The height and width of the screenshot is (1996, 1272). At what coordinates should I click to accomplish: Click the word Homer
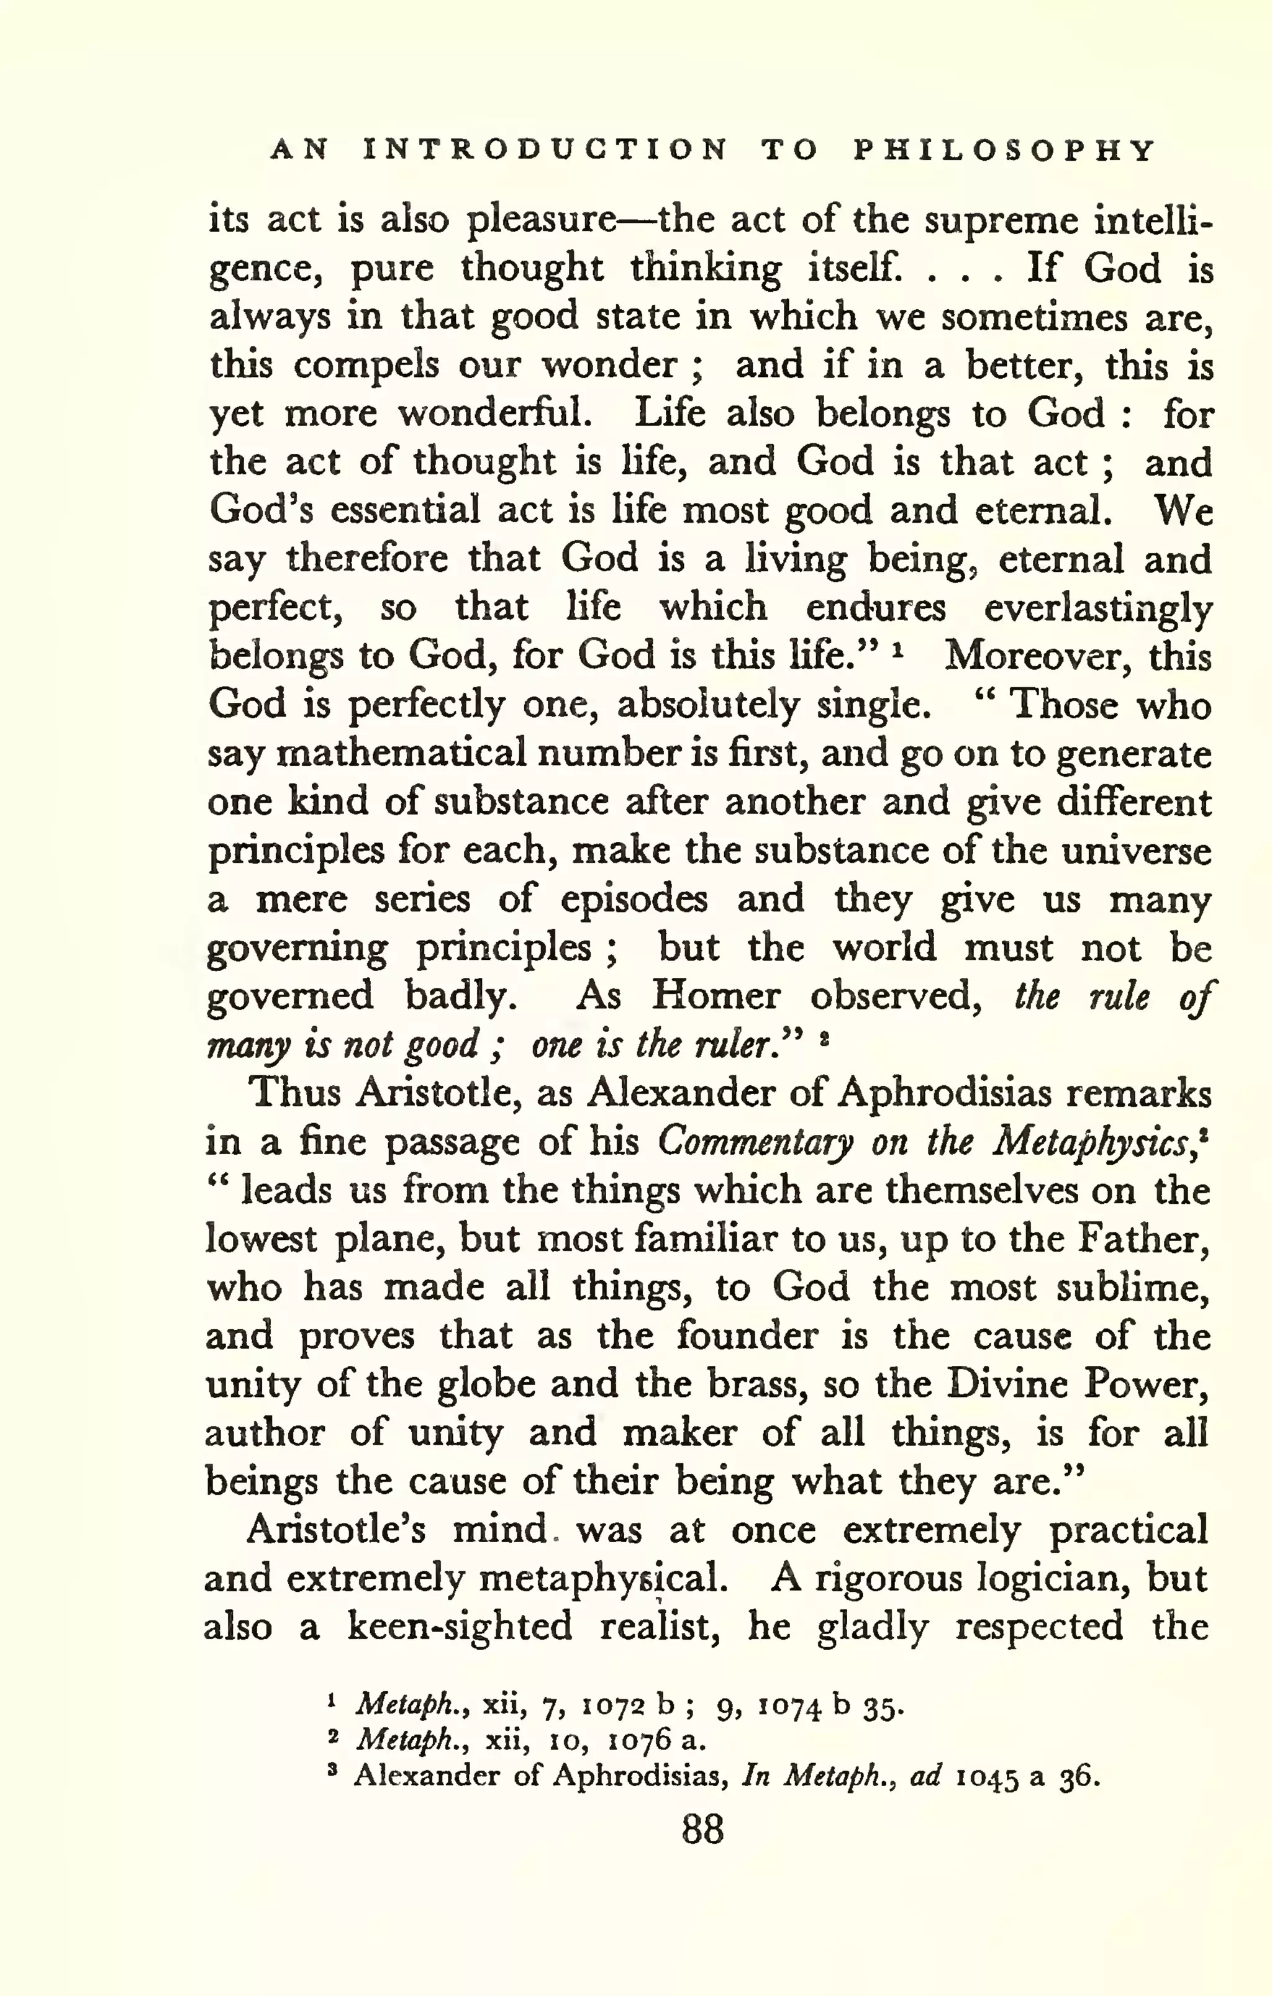click(715, 995)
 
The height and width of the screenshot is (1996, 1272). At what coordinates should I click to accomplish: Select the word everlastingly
click(1098, 609)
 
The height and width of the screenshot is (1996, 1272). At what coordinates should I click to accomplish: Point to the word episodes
click(634, 900)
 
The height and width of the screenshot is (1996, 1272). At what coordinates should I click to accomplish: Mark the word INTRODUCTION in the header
click(545, 150)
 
